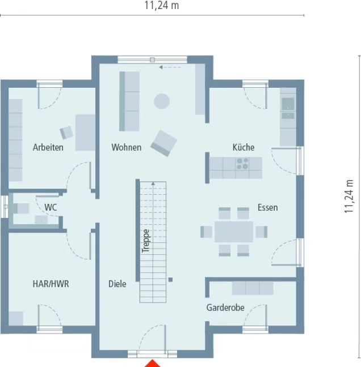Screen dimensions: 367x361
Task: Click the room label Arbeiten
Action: point(48,147)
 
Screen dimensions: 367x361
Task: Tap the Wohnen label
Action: point(126,147)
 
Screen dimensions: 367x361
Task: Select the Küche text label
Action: point(244,147)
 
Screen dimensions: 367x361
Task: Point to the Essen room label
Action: point(267,207)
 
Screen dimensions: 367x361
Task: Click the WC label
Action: point(51,207)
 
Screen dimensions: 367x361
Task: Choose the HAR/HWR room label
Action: point(51,284)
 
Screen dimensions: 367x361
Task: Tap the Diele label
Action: point(117,284)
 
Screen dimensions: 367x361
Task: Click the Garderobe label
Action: point(225,308)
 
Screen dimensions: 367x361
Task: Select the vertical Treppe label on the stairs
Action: point(146,240)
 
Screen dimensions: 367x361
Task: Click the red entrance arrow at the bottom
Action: point(152,363)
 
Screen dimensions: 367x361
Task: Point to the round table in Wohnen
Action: point(162,101)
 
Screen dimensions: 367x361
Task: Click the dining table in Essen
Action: point(234,232)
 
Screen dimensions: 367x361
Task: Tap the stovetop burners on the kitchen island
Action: point(242,164)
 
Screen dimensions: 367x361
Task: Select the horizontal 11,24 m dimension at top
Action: point(162,6)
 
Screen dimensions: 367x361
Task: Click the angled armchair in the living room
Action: point(164,143)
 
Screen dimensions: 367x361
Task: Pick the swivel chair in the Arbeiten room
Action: point(67,132)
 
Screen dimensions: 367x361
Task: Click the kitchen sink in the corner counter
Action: point(288,104)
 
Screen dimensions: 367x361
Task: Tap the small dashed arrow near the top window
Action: point(169,67)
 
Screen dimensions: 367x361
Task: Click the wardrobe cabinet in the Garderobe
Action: point(253,288)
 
